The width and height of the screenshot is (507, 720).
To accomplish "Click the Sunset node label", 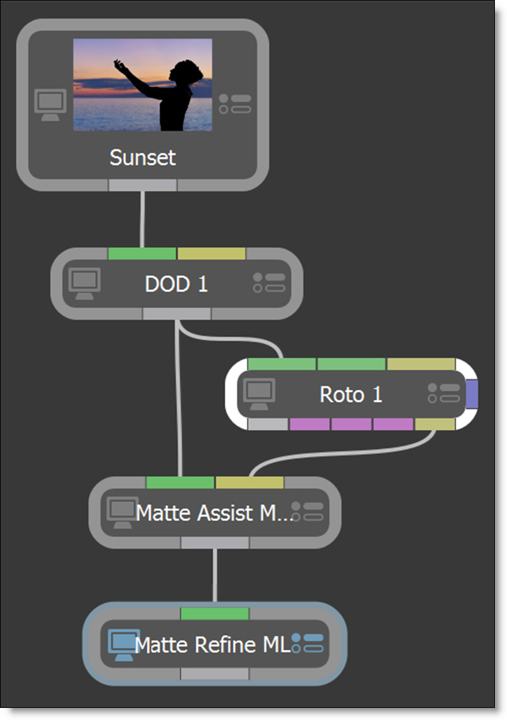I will [143, 158].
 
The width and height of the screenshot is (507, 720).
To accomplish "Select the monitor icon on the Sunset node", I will [51, 104].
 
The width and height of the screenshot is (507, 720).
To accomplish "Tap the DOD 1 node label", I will [176, 284].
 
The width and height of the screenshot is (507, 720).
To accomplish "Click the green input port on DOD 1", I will [142, 254].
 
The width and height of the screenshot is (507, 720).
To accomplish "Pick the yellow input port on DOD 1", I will [211, 254].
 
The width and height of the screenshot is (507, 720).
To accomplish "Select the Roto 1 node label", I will [351, 394].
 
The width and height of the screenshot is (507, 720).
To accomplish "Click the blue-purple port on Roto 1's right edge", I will [472, 394].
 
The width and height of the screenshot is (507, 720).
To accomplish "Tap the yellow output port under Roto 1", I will [435, 424].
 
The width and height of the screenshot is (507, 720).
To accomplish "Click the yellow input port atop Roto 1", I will [421, 364].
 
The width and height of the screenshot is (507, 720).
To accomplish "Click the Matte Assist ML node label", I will [214, 513].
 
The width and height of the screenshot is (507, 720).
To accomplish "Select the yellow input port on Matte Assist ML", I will [249, 482].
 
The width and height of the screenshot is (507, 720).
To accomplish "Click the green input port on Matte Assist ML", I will [180, 482].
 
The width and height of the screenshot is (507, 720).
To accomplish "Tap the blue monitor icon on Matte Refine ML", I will [123, 644].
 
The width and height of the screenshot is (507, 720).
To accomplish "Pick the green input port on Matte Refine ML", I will [215, 614].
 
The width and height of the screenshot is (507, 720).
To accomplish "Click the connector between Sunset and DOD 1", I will [143, 219].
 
